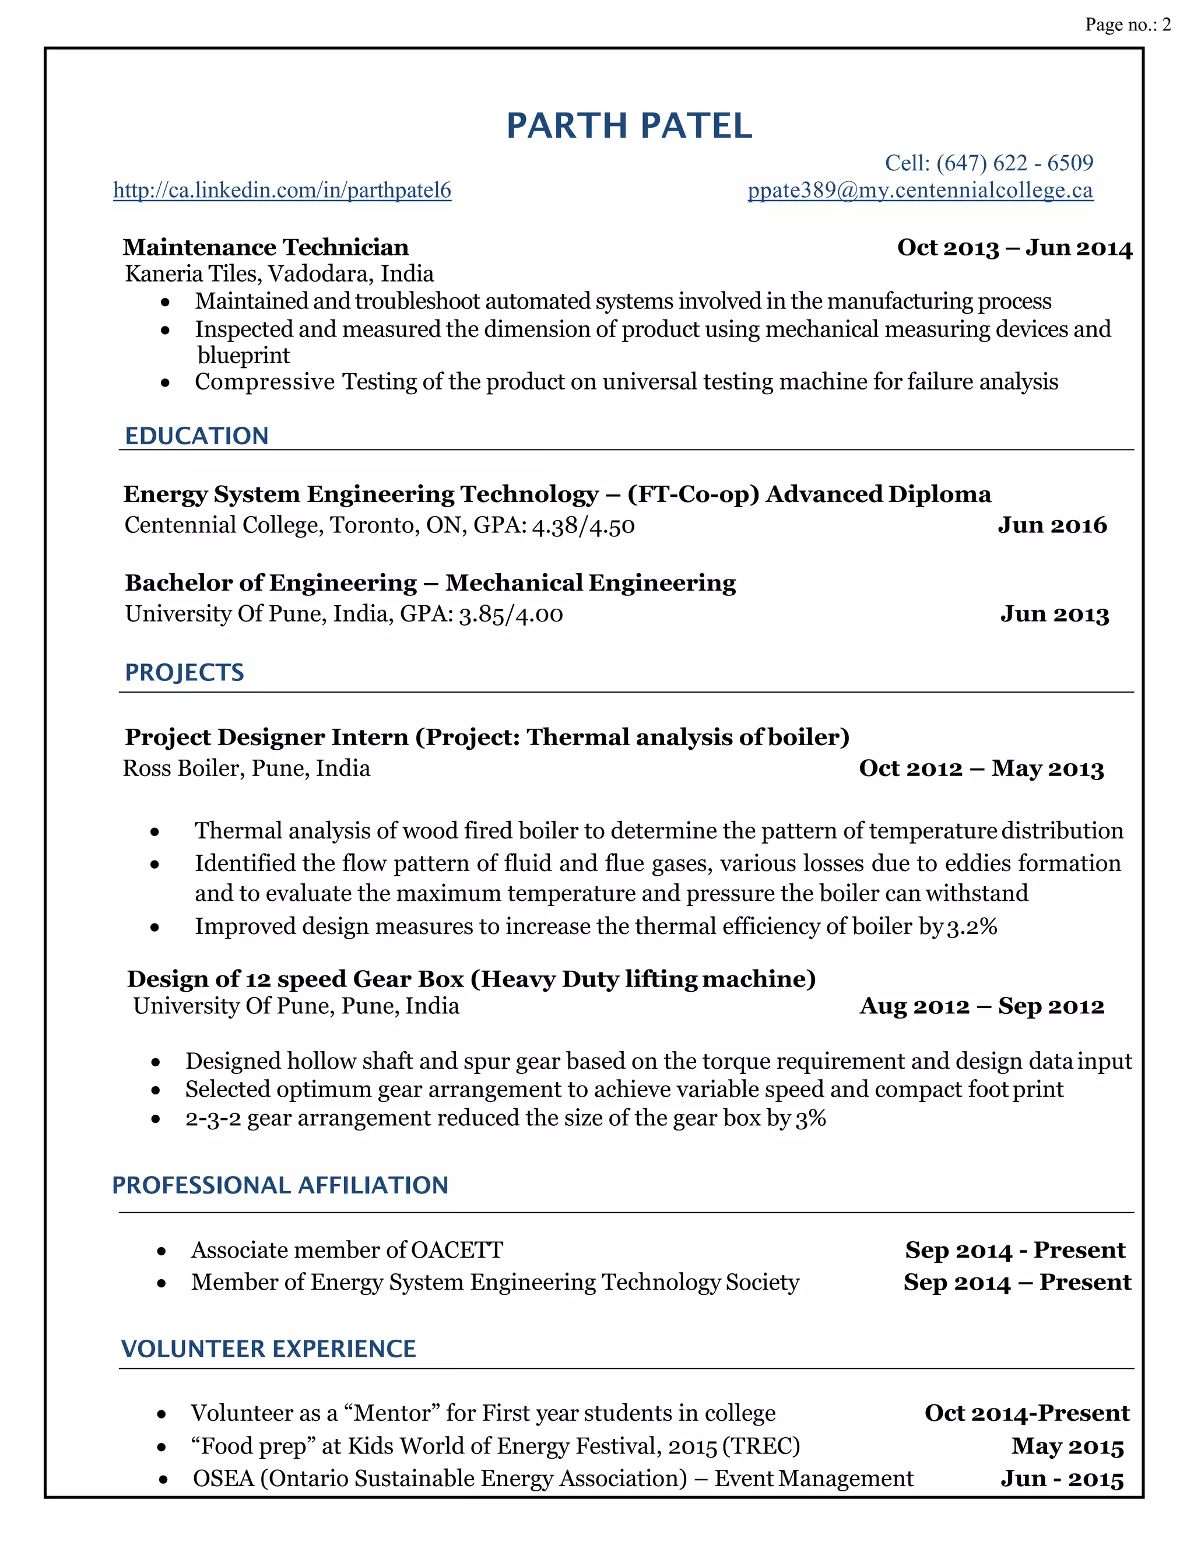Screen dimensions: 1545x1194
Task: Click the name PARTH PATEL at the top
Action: [x=629, y=127]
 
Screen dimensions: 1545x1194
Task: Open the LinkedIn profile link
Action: [x=282, y=190]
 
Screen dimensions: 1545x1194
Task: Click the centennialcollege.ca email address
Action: [x=920, y=190]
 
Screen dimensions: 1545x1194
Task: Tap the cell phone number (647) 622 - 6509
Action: [x=1014, y=163]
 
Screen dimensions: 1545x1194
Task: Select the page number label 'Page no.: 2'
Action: [x=1128, y=24]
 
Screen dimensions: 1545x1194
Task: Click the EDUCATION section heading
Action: [x=196, y=436]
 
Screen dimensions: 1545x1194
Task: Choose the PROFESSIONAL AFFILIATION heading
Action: [x=280, y=1185]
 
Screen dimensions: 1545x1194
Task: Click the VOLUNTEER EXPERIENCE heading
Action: [x=268, y=1349]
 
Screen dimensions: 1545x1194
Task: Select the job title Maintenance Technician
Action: [x=266, y=248]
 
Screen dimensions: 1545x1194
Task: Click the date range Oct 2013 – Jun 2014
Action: [x=1014, y=248]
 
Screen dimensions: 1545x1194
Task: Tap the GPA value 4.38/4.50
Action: [x=583, y=526]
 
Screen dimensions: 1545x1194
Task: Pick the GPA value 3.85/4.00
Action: [x=511, y=614]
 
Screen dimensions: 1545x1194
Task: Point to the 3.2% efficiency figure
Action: [x=972, y=927]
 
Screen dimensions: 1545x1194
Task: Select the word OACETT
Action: [x=456, y=1250]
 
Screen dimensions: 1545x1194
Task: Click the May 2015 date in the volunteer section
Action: [x=1067, y=1446]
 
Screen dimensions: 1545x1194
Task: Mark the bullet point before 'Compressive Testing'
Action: [x=165, y=382]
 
